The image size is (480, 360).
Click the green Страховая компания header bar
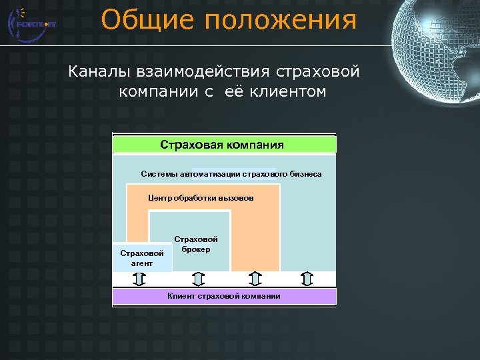pos(224,145)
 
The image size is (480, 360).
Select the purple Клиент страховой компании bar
pos(224,296)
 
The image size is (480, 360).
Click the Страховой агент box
pos(141,258)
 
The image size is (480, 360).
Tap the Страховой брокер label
pos(195,244)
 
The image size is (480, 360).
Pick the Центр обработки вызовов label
pos(200,198)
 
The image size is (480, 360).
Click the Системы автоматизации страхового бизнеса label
pos(231,174)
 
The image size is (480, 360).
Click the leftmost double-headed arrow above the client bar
pos(139,279)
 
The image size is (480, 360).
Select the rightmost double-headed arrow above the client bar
pos(305,279)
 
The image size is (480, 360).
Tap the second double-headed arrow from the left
pos(197,279)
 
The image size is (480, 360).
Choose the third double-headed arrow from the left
pos(255,279)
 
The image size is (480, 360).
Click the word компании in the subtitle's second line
pos(157,91)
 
